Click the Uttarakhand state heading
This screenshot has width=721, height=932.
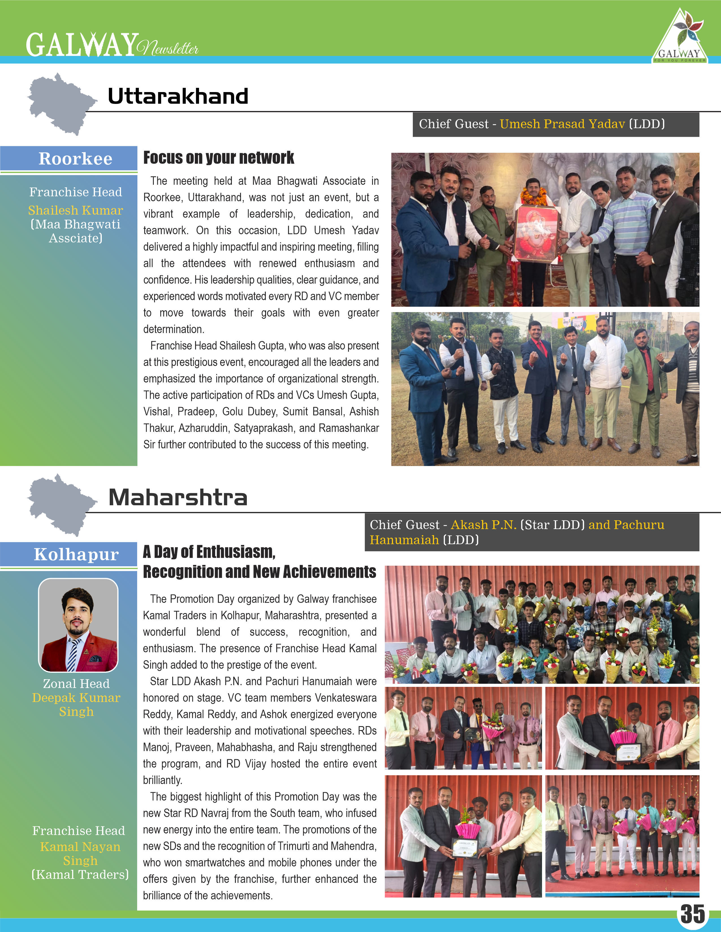coord(178,96)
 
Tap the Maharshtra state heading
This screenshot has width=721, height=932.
coord(178,498)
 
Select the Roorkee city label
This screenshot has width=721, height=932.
coord(75,159)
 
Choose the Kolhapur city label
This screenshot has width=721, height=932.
coord(76,554)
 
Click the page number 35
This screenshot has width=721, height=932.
coord(692,914)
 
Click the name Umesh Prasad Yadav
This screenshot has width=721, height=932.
coord(562,124)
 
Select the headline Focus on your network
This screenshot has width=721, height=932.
coord(218,158)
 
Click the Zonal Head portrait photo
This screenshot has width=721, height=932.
coord(78,625)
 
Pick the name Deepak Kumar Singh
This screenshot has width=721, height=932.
coord(76,705)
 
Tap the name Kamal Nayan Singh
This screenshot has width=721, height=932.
coord(80,853)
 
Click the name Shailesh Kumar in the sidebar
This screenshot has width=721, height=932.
coord(75,210)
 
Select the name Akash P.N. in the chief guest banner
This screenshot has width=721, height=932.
coord(483,525)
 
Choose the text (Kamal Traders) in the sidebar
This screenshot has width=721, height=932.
coord(80,875)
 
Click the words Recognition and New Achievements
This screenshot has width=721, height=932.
coord(259,572)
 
